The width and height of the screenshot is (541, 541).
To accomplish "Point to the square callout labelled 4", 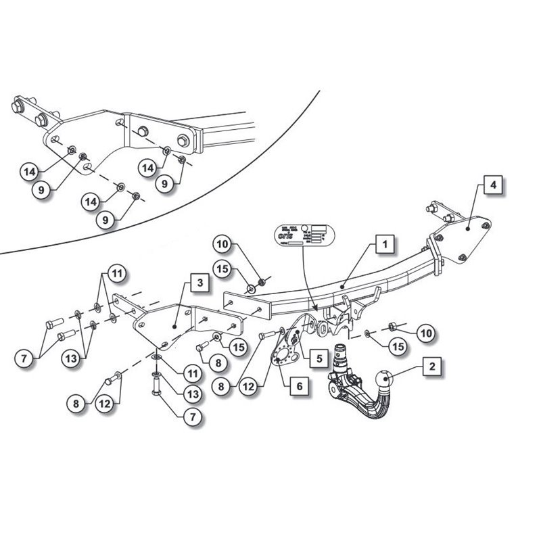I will [494, 184].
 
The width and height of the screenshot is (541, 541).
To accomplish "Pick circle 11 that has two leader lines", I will [118, 274].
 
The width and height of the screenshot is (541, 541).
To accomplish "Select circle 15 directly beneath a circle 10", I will [224, 269].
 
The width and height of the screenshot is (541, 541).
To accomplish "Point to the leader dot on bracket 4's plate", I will [468, 229].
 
